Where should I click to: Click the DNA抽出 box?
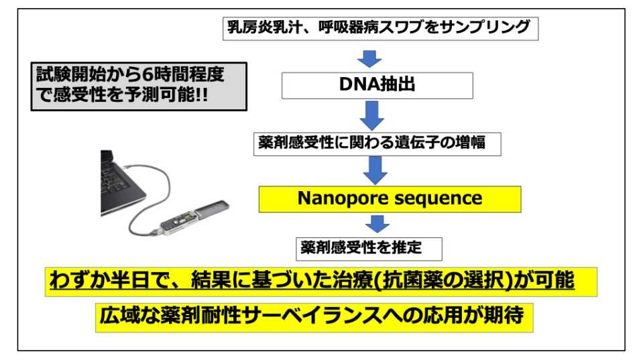click(377, 85)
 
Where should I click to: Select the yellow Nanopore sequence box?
click(390, 199)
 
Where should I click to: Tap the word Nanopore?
click(338, 198)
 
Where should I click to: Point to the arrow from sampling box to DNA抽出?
click(369, 58)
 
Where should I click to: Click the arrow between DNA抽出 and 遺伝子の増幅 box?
click(372, 115)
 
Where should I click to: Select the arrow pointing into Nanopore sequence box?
click(375, 170)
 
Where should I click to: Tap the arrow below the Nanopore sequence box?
click(377, 224)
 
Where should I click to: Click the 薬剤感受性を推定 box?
click(369, 249)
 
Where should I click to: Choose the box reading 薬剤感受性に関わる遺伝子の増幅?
click(377, 144)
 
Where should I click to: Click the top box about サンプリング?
click(381, 28)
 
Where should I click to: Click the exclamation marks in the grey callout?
click(201, 95)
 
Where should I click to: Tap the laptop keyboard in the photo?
click(117, 180)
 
